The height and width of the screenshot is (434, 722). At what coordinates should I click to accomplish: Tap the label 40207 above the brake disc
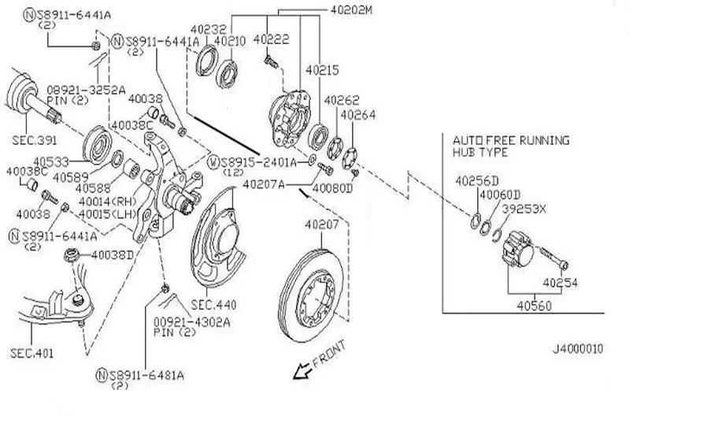[x=321, y=225]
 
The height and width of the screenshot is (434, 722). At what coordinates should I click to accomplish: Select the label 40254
[x=560, y=282]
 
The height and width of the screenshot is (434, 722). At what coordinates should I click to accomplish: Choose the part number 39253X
[x=525, y=210]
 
